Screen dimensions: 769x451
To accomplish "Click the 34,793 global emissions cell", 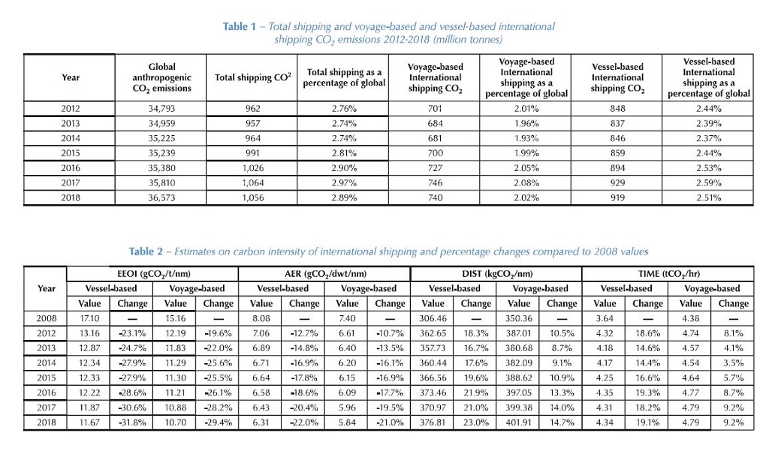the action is pos(161,109).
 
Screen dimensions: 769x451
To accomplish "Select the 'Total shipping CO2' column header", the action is pos(252,77).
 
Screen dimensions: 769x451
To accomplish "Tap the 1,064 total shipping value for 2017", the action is pos(252,183).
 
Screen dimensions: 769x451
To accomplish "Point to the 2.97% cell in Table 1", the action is pos(344,183).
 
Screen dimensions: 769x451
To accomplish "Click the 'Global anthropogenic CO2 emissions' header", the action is pos(161,77).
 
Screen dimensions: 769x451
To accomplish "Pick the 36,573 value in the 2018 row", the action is pos(161,197).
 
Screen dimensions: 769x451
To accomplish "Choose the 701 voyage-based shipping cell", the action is pos(435,109).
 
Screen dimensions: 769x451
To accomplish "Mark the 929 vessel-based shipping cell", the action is pos(617,183).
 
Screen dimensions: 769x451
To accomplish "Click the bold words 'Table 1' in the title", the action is pos(240,26).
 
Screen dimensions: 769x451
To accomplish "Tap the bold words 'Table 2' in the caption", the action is pos(146,251).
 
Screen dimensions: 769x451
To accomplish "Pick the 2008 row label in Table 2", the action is pos(46,319).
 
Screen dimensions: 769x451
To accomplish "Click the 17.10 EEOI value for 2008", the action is pos(89,319).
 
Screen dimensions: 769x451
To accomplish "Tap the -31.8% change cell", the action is pos(132,422).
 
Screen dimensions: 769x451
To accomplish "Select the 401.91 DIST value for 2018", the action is pos(519,422).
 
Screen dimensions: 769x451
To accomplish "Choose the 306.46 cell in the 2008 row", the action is pos(433,319).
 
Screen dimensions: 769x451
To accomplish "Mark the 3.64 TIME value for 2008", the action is pos(605,319).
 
